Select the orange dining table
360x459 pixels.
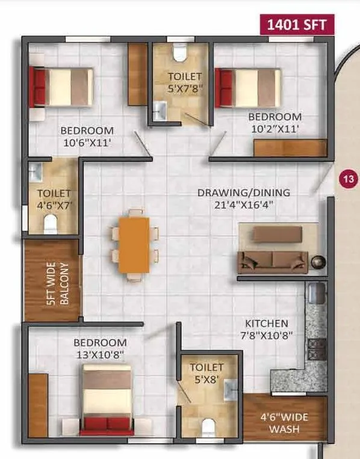click(134, 245)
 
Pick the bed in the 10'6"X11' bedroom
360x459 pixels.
click(62, 87)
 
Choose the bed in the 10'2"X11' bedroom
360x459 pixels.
click(249, 88)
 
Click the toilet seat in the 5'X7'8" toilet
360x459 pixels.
click(178, 55)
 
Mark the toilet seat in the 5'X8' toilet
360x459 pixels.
click(207, 428)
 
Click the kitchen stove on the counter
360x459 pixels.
click(317, 348)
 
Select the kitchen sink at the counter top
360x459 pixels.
click(317, 294)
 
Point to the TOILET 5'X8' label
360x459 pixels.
click(206, 373)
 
